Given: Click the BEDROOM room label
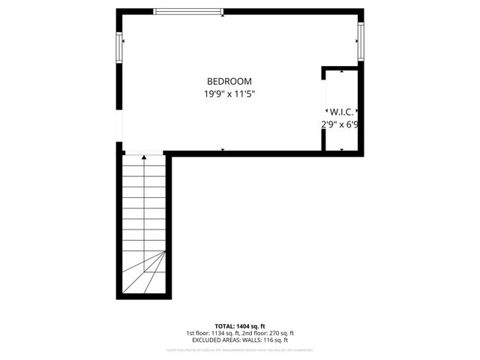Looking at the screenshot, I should (229, 81).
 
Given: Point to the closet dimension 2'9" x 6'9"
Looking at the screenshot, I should (340, 125).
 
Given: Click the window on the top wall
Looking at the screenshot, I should (188, 11).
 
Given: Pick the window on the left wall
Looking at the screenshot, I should (118, 49).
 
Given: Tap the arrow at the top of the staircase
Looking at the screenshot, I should (144, 157).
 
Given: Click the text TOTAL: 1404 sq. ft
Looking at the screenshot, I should (240, 326).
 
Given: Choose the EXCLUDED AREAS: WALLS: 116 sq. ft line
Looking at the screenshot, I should (240, 340).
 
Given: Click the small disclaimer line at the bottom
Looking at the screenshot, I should (240, 349).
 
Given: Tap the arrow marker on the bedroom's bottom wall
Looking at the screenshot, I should (223, 150).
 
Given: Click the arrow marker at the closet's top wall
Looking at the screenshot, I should (342, 71).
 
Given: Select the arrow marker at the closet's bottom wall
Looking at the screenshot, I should (342, 148).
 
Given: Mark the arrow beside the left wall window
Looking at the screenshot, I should (124, 41).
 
